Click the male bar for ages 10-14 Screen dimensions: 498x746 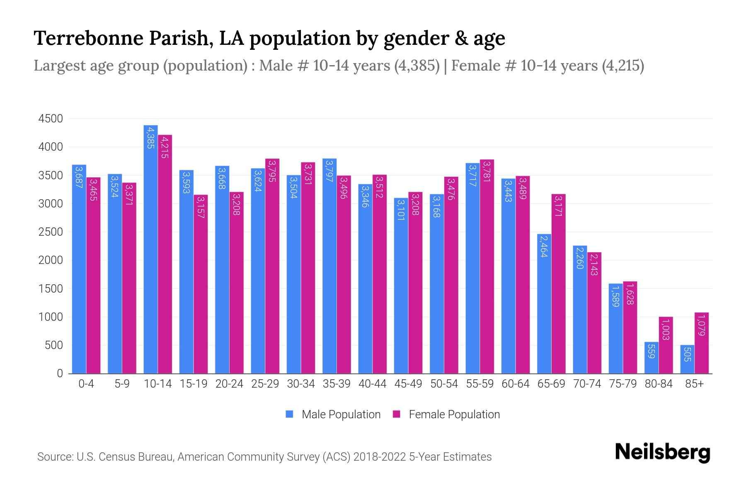pos(150,249)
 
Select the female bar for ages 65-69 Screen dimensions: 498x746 pos(558,284)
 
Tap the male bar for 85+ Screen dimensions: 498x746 pos(687,359)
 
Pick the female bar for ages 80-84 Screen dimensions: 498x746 pos(666,345)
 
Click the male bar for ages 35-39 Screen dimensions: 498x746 pos(329,266)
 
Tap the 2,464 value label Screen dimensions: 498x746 pos(544,246)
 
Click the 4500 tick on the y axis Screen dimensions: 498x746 pos(51,119)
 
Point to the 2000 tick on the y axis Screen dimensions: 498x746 pos(51,261)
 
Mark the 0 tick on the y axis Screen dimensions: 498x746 pos(60,373)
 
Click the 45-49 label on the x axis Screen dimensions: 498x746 pos(408,384)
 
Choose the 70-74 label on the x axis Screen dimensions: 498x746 pos(587,384)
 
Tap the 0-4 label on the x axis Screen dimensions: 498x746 pos(86,384)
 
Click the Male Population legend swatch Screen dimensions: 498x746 pos(289,414)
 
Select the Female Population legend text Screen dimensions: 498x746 pos(454,414)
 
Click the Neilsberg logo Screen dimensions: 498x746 pos(662,452)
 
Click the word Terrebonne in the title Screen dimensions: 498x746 pos(88,38)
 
